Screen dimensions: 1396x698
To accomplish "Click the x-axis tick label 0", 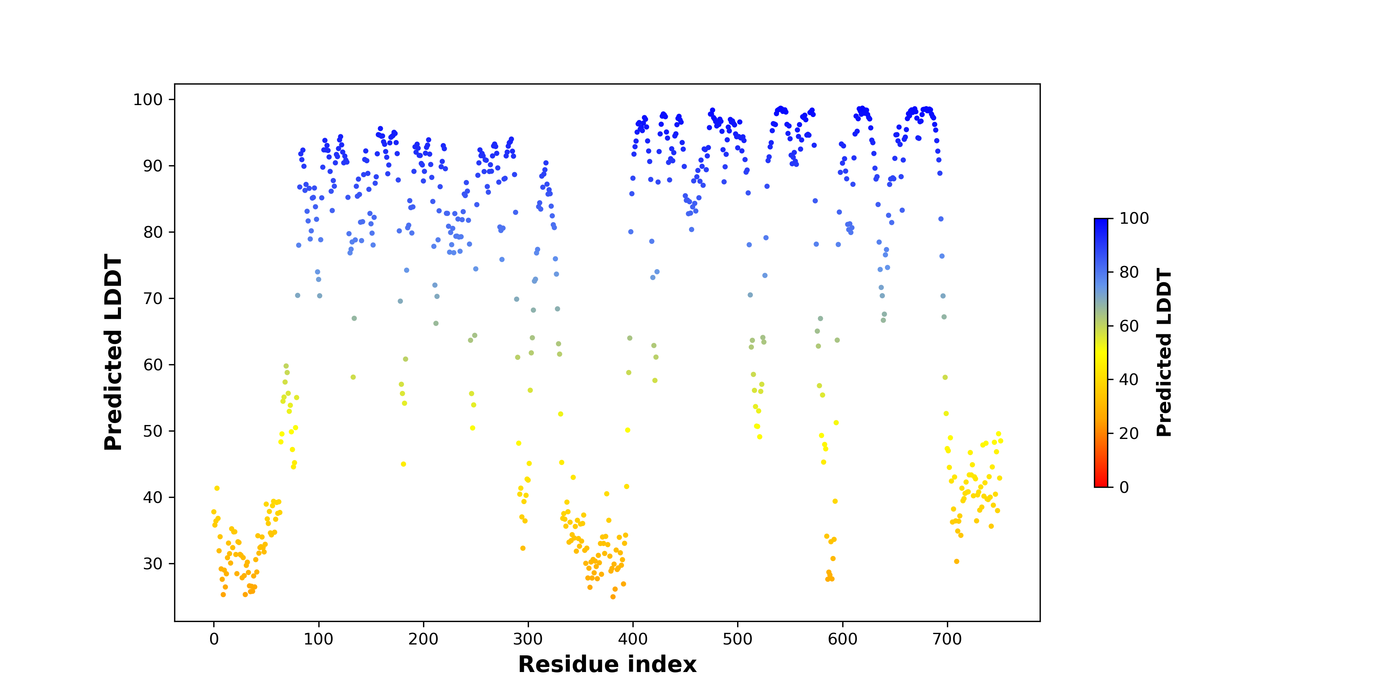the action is point(214,639).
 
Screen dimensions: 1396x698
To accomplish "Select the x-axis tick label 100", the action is point(319,639).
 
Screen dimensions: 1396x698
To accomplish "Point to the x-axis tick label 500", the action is point(738,639).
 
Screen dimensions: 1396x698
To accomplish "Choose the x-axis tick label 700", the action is point(947,639).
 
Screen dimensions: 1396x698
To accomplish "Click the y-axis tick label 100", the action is point(148,100).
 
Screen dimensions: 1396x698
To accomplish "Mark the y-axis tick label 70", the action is point(153,299).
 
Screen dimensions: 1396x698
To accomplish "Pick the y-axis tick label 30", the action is point(153,563).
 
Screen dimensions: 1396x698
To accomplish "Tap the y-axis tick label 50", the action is point(153,431).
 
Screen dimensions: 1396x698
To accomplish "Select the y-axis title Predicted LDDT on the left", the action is point(113,352).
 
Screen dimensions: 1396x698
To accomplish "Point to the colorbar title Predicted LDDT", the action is point(1164,352).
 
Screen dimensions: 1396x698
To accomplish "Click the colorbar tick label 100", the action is point(1134,218).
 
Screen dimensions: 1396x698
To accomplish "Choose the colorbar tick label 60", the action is point(1129,326).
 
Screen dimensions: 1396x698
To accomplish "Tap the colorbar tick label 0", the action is point(1125,487).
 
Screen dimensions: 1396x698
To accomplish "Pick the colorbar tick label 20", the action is point(1129,434).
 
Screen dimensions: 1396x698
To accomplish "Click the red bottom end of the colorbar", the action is point(1101,485).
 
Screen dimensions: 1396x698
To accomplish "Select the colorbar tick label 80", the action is point(1129,272).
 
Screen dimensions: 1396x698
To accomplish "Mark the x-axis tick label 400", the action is point(633,639).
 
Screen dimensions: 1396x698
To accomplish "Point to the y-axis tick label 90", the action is point(153,166).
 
